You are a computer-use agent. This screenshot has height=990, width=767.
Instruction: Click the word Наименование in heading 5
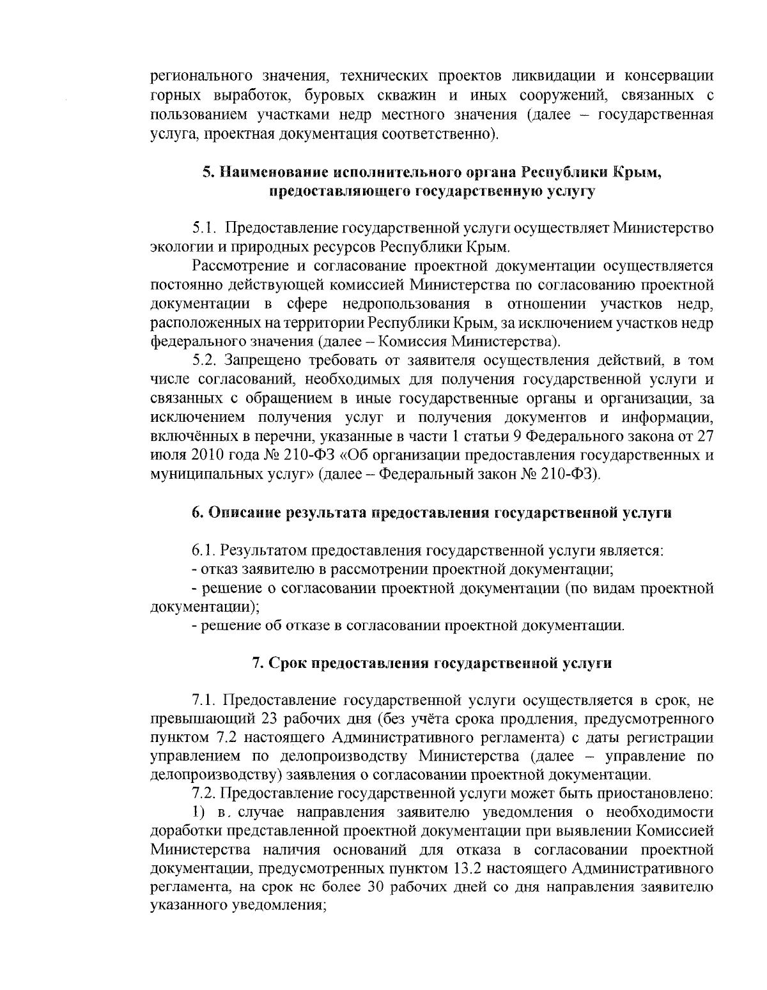click(275, 172)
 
